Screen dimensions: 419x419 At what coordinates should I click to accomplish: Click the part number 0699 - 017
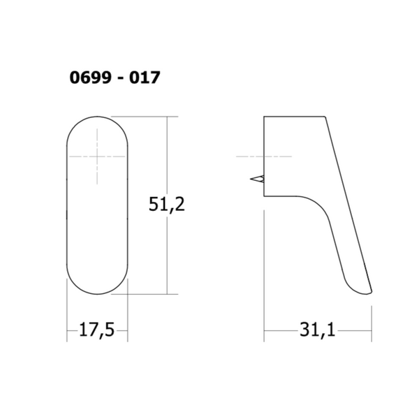point(115,78)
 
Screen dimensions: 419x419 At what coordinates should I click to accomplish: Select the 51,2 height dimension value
point(167,204)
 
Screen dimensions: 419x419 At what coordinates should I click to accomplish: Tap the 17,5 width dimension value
point(97,330)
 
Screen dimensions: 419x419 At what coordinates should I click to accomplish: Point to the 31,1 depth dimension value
point(317,330)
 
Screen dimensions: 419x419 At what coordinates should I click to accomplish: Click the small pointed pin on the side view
point(258,179)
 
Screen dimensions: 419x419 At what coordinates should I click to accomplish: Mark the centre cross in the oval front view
point(97,156)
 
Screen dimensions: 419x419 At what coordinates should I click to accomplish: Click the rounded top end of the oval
point(97,117)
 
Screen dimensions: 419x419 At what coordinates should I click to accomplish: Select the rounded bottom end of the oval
point(97,294)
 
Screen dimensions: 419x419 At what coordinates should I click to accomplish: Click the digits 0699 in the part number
point(90,78)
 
